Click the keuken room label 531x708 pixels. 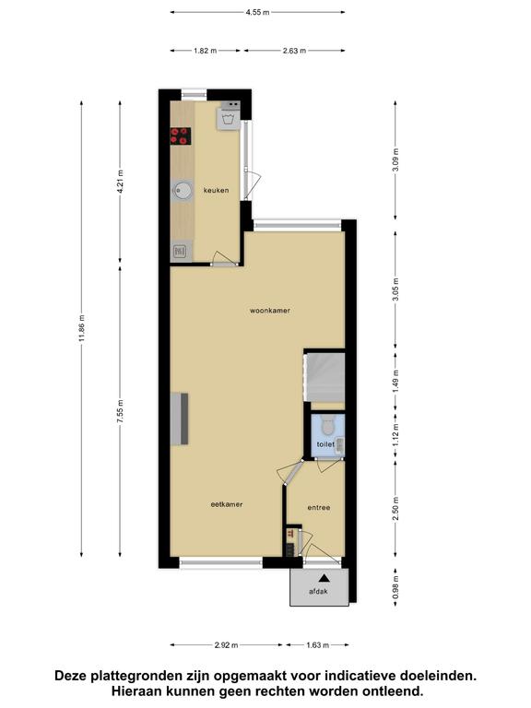pyautogui.click(x=216, y=190)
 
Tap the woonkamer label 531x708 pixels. pyautogui.click(x=270, y=311)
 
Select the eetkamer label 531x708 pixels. pyautogui.click(x=227, y=504)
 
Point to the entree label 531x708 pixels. pyautogui.click(x=319, y=508)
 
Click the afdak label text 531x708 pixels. pyautogui.click(x=318, y=591)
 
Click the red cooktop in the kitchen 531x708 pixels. pyautogui.click(x=181, y=136)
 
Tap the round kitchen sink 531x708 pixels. pyautogui.click(x=182, y=190)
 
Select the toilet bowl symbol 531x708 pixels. pyautogui.click(x=327, y=426)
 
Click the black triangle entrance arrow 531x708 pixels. pyautogui.click(x=324, y=577)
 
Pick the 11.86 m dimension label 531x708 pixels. pyautogui.click(x=82, y=328)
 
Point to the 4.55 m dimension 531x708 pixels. pyautogui.click(x=257, y=12)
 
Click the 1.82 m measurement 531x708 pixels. pyautogui.click(x=205, y=51)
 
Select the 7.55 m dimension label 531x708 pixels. pyautogui.click(x=120, y=411)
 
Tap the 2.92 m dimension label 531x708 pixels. pyautogui.click(x=226, y=644)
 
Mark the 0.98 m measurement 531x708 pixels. pyautogui.click(x=395, y=587)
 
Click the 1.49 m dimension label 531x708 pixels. pyautogui.click(x=395, y=382)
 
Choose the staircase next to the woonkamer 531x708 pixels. pyautogui.click(x=324, y=377)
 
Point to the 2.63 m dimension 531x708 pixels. pyautogui.click(x=294, y=51)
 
